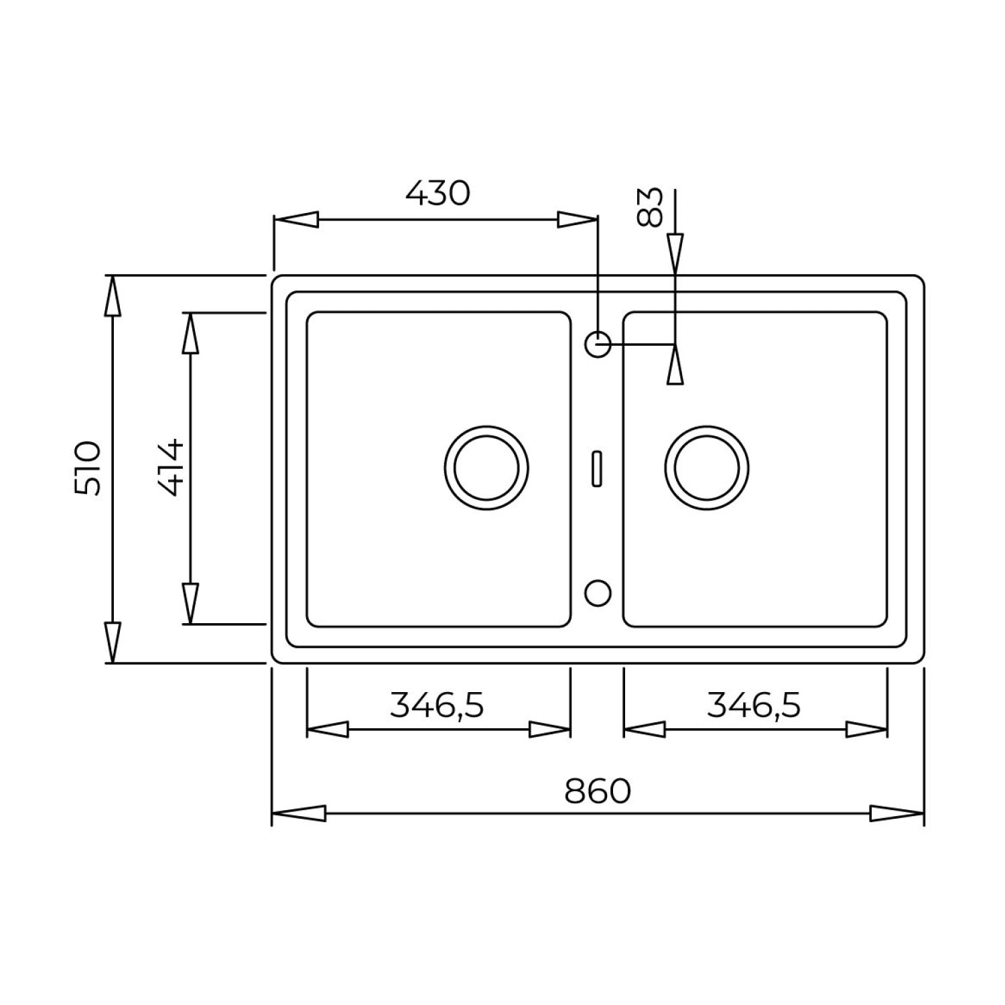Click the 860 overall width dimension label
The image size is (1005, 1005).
pyautogui.click(x=598, y=791)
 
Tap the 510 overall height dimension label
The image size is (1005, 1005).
pyautogui.click(x=88, y=468)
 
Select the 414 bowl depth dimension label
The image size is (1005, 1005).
pyautogui.click(x=170, y=467)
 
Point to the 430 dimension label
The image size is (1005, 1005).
pyautogui.click(x=438, y=194)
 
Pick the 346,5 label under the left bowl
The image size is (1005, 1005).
pyautogui.click(x=437, y=705)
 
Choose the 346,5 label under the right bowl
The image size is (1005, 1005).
pyautogui.click(x=754, y=705)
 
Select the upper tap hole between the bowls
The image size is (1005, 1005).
pyautogui.click(x=598, y=345)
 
